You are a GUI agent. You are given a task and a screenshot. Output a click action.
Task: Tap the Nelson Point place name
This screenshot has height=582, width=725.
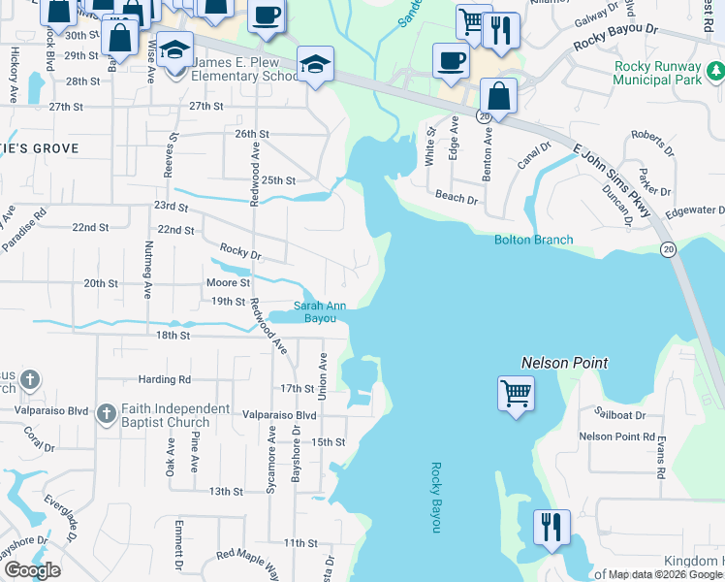564,363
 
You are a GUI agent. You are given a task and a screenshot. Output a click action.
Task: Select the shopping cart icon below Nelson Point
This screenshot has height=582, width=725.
516,394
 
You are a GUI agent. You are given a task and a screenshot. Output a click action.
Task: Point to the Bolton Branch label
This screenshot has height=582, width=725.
533,240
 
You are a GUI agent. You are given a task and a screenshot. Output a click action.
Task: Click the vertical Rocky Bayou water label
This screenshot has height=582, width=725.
435,497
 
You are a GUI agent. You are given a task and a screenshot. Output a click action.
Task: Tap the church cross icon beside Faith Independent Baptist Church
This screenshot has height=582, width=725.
107,415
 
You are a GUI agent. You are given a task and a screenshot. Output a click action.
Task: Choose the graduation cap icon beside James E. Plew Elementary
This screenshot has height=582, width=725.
174,50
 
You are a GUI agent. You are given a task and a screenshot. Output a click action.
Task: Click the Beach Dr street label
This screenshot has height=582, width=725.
457,199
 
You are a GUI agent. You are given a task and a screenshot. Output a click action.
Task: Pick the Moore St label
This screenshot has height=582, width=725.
228,282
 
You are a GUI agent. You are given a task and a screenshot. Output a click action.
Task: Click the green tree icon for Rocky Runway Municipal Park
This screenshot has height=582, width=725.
714,71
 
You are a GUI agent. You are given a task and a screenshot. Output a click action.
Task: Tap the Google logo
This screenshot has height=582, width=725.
32,570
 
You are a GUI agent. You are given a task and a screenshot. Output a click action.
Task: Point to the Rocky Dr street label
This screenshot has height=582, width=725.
240,251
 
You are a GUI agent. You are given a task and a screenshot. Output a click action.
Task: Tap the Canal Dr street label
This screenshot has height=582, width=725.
533,155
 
